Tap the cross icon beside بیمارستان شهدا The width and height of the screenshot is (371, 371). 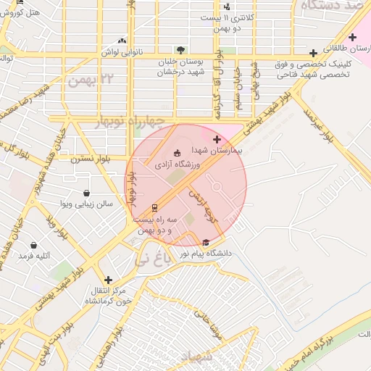click(x=217, y=138)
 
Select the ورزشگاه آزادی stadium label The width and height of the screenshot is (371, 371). click(x=178, y=165)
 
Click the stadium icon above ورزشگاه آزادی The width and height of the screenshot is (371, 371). click(x=178, y=153)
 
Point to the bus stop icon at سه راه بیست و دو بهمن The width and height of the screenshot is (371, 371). click(x=154, y=207)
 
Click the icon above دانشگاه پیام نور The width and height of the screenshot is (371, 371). click(x=207, y=243)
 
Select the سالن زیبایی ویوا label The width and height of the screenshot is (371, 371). click(x=86, y=205)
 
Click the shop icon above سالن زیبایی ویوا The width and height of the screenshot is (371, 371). click(x=87, y=193)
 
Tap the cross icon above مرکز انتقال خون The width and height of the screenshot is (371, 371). click(x=108, y=279)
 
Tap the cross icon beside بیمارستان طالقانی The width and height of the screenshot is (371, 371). click(x=313, y=53)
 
